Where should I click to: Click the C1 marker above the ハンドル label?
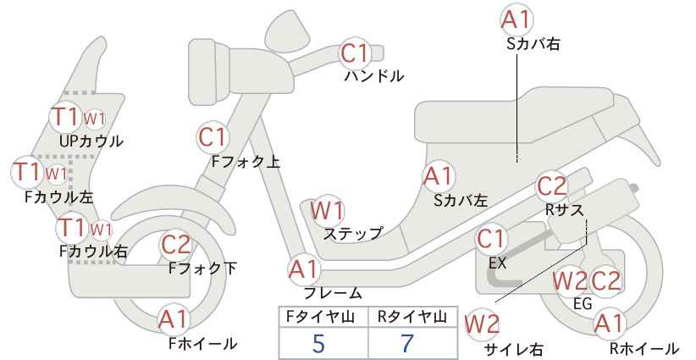(354, 53)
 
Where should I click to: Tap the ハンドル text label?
(374, 76)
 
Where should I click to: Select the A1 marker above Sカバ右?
(516, 19)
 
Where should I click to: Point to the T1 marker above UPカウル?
(65, 116)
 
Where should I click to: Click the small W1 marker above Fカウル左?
(57, 173)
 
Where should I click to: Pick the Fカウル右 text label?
(93, 252)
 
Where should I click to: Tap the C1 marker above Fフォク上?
(213, 137)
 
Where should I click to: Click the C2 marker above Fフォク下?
(176, 245)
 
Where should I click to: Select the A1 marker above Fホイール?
(174, 318)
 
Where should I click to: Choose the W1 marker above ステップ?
(327, 210)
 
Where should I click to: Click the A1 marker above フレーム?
(304, 269)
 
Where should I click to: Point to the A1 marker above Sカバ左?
(438, 176)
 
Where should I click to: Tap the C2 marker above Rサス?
(552, 186)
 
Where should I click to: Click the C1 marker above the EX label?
(490, 239)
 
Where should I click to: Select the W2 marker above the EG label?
(569, 281)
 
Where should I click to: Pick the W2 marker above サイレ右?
(482, 324)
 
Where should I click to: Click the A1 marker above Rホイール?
(609, 324)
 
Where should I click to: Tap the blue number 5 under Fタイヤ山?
(318, 343)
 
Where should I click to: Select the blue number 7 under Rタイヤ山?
(407, 343)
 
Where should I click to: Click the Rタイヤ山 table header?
(412, 317)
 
